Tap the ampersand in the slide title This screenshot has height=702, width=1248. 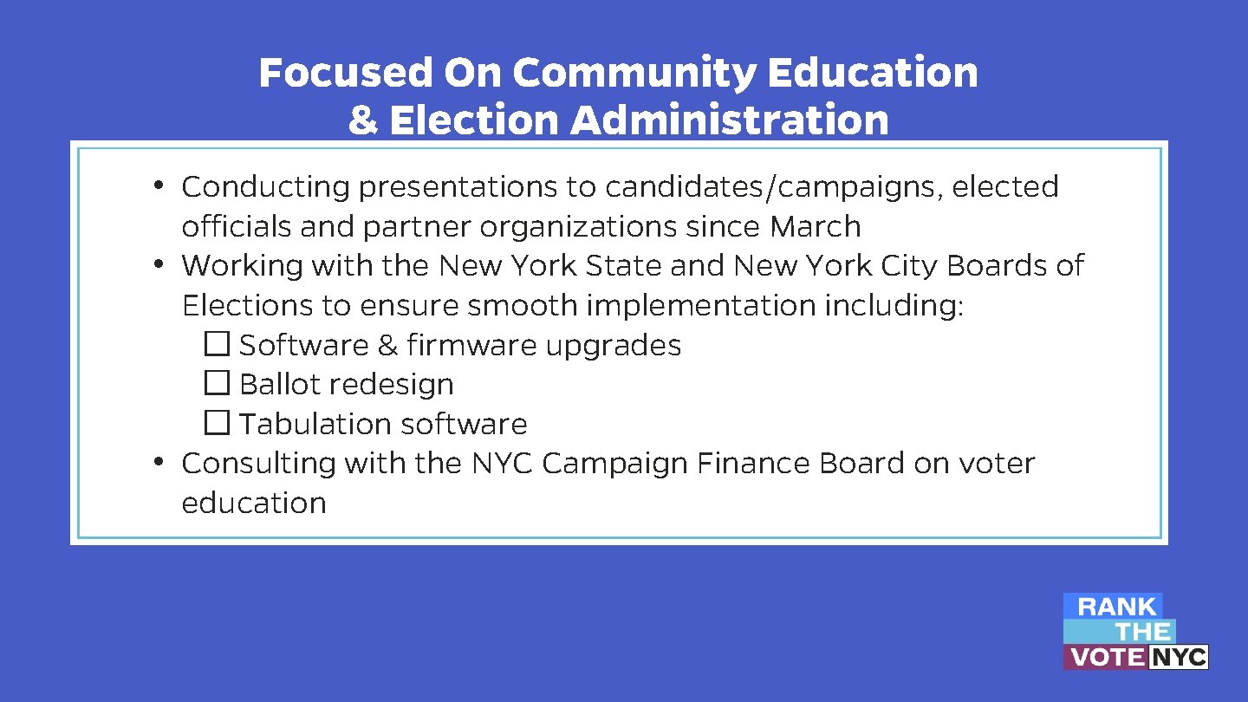click(363, 120)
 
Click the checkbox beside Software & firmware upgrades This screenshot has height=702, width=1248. click(217, 345)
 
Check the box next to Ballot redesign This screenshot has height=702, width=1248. click(217, 384)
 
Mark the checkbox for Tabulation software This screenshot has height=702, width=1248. click(217, 424)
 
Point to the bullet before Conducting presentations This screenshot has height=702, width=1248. click(159, 185)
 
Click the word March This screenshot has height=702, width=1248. click(815, 227)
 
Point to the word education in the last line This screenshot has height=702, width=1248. click(253, 504)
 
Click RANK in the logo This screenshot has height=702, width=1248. click(1116, 607)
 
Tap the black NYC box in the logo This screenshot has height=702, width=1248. click(1178, 658)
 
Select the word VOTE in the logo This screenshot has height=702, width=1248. click(1106, 658)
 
